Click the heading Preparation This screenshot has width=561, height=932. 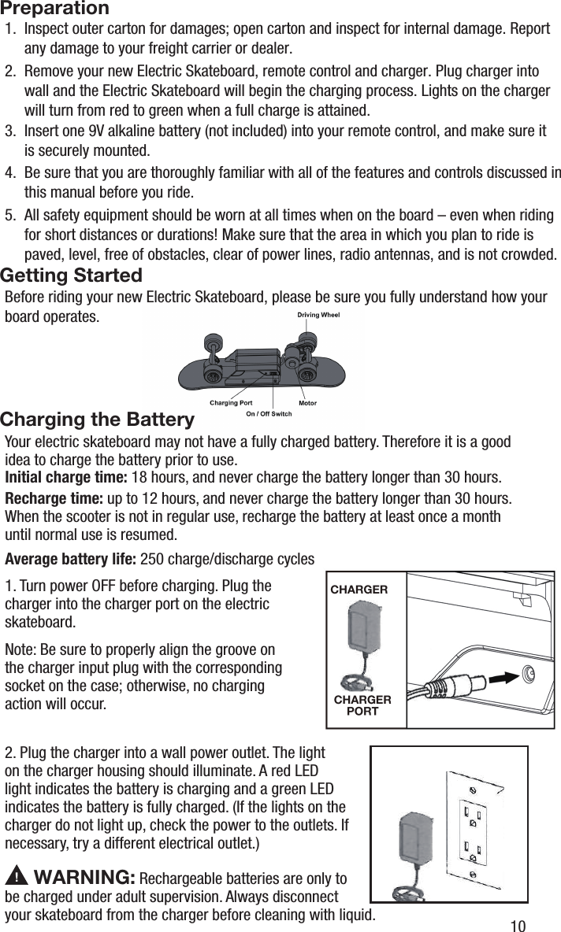pos(55,9)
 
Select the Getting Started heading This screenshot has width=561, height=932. pos(72,276)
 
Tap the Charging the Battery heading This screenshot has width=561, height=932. pos(98,419)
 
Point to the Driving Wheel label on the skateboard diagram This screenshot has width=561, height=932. pos(318,316)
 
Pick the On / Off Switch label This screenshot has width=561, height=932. pos(269,413)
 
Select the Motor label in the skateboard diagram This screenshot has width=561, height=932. pos(307,402)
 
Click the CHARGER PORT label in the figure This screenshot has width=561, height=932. pos(362,705)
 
